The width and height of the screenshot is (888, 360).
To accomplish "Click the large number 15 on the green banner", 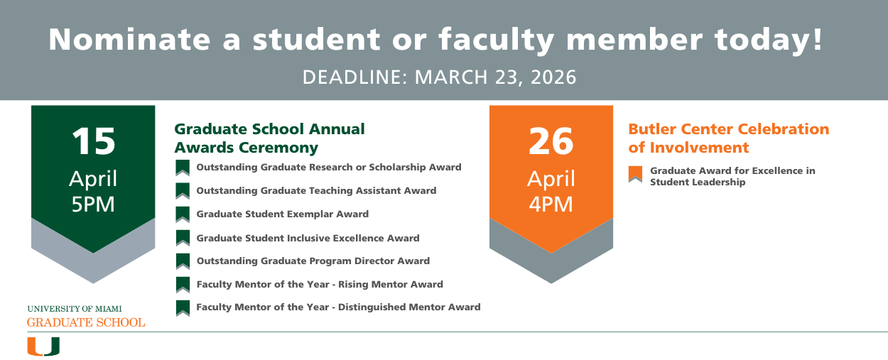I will tap(93, 141).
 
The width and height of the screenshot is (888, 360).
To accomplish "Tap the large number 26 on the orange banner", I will tap(551, 141).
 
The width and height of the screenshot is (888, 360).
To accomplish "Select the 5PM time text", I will tap(93, 204).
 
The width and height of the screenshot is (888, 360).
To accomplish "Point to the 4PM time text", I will tap(551, 204).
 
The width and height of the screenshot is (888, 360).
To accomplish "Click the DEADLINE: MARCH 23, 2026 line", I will tap(439, 77).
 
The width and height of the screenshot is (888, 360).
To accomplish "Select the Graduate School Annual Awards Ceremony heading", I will tap(269, 138).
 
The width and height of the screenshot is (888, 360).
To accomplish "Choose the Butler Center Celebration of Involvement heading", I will tap(728, 138).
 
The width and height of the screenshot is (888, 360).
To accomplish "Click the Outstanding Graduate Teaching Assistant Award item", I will tap(316, 190).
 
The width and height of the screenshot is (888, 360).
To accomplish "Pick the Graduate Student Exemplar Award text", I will tap(282, 214).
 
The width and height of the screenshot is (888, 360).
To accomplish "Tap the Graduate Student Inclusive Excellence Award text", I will tap(308, 238).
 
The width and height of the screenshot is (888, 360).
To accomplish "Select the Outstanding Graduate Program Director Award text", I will tap(313, 261).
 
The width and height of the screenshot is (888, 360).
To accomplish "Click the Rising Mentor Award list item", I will tap(320, 284).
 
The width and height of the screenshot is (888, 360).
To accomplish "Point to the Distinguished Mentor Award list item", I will tap(338, 307).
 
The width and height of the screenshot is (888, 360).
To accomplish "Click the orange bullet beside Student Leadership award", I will tap(635, 173).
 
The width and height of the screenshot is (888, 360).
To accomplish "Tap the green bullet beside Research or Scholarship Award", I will tap(183, 168).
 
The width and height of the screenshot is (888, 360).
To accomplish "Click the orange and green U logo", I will tap(43, 347).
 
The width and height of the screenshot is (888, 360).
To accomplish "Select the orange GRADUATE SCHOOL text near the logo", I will tap(86, 322).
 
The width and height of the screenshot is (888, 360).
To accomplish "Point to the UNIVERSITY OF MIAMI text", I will tap(74, 309).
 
